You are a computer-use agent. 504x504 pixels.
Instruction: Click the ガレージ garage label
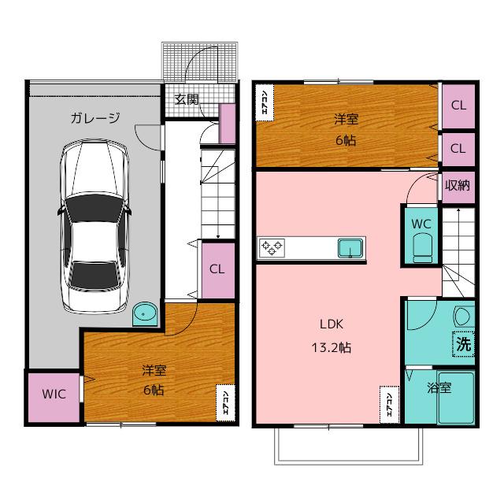pyautogui.click(x=95, y=118)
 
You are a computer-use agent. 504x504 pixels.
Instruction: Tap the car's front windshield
pyautogui.click(x=94, y=208)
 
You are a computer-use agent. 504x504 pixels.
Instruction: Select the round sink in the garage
pyautogui.click(x=145, y=313)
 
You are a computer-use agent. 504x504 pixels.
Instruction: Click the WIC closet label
pyautogui.click(x=54, y=394)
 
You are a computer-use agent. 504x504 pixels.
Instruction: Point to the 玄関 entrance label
pyautogui.click(x=187, y=100)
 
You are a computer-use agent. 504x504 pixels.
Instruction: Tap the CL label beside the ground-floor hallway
pyautogui.click(x=217, y=269)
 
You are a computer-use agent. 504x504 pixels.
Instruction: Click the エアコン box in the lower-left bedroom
pyautogui.click(x=225, y=402)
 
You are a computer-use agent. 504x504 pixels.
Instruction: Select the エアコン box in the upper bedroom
pyautogui.click(x=265, y=102)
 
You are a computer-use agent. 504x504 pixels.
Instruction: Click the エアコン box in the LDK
pyautogui.click(x=389, y=405)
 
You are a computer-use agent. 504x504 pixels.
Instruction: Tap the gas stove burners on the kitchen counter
pyautogui.click(x=272, y=248)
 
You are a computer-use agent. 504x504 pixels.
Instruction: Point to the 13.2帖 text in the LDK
pyautogui.click(x=332, y=347)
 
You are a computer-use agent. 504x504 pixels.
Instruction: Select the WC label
pyautogui.click(x=421, y=224)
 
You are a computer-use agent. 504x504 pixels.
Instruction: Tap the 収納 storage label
pyautogui.click(x=458, y=186)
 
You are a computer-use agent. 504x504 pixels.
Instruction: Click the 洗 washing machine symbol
pyautogui.click(x=464, y=344)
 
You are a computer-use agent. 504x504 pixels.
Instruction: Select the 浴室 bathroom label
pyautogui.click(x=439, y=388)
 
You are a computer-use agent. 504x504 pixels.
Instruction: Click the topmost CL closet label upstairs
pyautogui.click(x=458, y=105)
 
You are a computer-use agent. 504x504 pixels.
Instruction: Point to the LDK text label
pyautogui.click(x=332, y=324)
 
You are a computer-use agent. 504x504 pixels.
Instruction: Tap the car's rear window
pyautogui.click(x=94, y=274)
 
